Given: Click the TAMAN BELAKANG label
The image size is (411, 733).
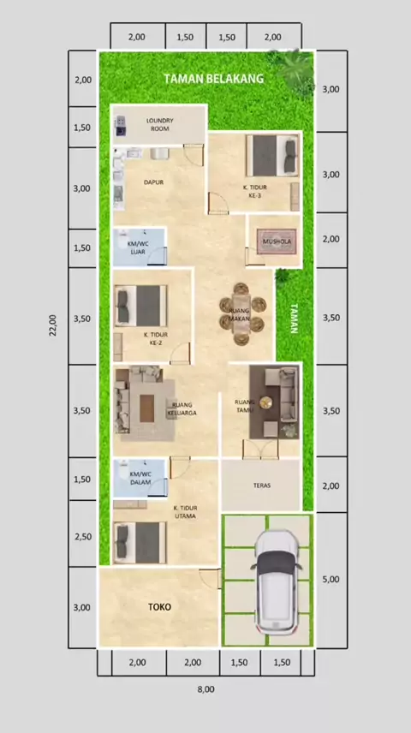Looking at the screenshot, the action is coord(214,79).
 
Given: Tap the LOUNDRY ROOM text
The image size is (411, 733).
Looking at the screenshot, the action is coord(159,124).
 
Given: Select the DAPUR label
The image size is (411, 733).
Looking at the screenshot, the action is coord(153,182).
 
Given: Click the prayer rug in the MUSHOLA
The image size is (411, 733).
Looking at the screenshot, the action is coord(277,241).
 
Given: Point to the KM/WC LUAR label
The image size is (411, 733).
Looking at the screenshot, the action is coord(137,247).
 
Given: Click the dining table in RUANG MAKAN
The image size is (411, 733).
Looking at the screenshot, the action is coord(241,314).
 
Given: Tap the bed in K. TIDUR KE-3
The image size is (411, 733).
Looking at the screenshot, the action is coord(272,156).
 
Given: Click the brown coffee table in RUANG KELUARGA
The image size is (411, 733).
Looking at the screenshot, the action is coord(146,408).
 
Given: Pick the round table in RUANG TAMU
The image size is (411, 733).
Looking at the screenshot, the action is coord(266,402).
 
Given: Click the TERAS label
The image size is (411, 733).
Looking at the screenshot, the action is coord(262,486).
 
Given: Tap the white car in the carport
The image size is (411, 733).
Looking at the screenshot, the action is coord(276,582).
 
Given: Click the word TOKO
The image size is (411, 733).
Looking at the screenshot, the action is coord(159,607).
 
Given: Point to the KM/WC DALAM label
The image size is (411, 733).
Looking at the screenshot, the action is coord(139,478).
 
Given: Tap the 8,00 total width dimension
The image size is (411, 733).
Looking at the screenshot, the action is coord(206,689).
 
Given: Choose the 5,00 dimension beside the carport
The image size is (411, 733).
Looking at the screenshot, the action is coord(331,579).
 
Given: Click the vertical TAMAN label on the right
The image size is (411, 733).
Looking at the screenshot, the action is coord(294,319).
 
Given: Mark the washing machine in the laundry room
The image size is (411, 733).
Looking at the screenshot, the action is coord(121,125).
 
